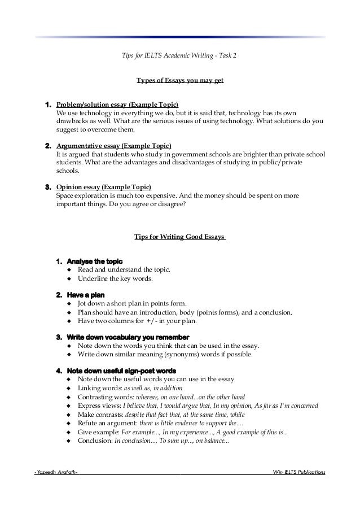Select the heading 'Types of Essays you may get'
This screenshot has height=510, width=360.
click(x=180, y=80)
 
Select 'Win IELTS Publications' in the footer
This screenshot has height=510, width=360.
click(x=298, y=471)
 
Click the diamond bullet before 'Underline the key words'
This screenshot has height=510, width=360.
click(x=69, y=279)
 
